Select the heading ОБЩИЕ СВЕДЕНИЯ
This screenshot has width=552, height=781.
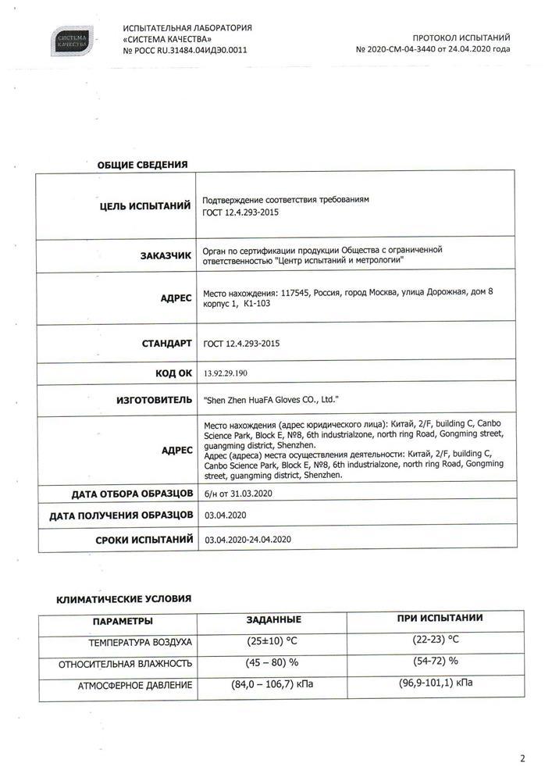coord(142,165)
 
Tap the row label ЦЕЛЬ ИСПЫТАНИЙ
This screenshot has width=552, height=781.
coord(145,206)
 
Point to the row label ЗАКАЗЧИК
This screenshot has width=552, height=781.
coord(166,255)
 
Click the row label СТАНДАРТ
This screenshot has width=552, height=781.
coord(166,343)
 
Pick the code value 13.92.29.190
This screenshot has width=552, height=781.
coord(230,374)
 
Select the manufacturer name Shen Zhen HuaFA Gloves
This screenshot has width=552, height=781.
coord(270,399)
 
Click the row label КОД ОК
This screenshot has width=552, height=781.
coord(173,373)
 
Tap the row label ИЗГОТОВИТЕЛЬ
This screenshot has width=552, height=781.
coord(154,399)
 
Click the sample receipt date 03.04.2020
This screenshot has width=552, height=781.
coord(225,515)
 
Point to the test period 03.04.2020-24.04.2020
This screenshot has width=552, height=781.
coord(248,540)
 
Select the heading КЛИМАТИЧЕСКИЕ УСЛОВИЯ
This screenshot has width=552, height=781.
coord(123,599)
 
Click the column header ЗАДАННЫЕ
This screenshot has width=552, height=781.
coord(273,619)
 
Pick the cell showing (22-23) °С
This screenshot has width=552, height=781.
coord(435,640)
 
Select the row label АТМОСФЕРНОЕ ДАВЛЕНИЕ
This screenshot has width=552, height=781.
coord(134,685)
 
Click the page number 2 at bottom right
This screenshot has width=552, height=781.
coord(522,758)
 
